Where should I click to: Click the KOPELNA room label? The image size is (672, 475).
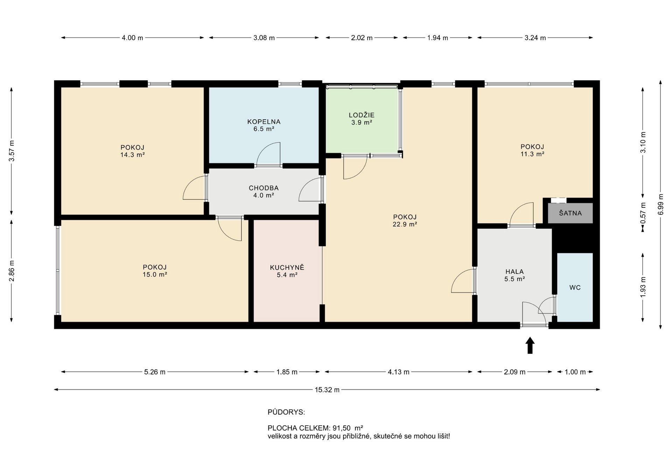(x=264, y=122)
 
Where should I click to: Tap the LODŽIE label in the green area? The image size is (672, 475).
(x=362, y=115)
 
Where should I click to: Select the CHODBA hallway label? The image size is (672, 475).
(x=264, y=188)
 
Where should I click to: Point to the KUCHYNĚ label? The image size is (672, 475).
(x=287, y=268)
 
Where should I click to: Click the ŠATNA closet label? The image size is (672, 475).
(x=570, y=213)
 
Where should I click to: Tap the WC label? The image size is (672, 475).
(x=575, y=288)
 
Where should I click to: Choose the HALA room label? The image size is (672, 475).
(x=514, y=271)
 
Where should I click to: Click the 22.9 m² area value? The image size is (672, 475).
(x=405, y=225)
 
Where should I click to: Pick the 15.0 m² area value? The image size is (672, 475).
(x=155, y=275)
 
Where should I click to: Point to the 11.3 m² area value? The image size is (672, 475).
(x=532, y=154)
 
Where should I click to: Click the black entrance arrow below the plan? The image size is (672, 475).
(x=530, y=345)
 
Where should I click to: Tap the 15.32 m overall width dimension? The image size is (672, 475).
(x=327, y=390)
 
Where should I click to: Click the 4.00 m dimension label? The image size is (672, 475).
(x=132, y=38)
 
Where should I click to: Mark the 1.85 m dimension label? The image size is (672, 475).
(x=287, y=372)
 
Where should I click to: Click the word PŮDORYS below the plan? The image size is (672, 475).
(x=286, y=412)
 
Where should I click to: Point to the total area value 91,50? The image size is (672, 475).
(x=341, y=428)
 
